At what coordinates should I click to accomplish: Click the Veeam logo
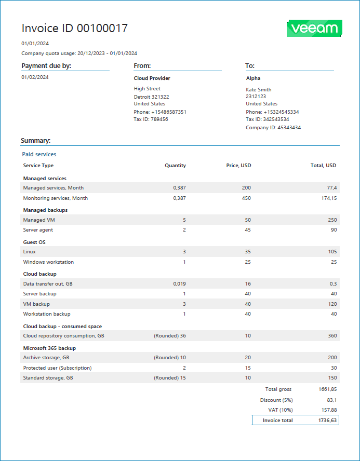click(314, 29)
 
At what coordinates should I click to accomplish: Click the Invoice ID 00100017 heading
click(74, 29)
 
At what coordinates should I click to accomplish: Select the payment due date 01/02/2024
click(35, 77)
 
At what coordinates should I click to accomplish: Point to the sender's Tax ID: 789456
click(151, 119)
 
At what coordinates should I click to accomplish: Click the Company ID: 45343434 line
click(273, 128)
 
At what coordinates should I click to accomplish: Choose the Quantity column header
click(175, 166)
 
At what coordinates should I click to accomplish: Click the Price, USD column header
click(238, 166)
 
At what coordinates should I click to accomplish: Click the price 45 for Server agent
click(248, 230)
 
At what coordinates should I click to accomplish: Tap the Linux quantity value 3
click(184, 252)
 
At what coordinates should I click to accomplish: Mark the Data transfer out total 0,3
click(332, 284)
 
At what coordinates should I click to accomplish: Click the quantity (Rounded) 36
click(170, 336)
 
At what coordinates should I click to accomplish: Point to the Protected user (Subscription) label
click(57, 368)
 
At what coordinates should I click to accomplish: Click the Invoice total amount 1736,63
click(327, 421)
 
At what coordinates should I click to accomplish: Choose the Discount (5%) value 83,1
click(331, 400)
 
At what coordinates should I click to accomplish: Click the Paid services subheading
click(39, 154)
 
